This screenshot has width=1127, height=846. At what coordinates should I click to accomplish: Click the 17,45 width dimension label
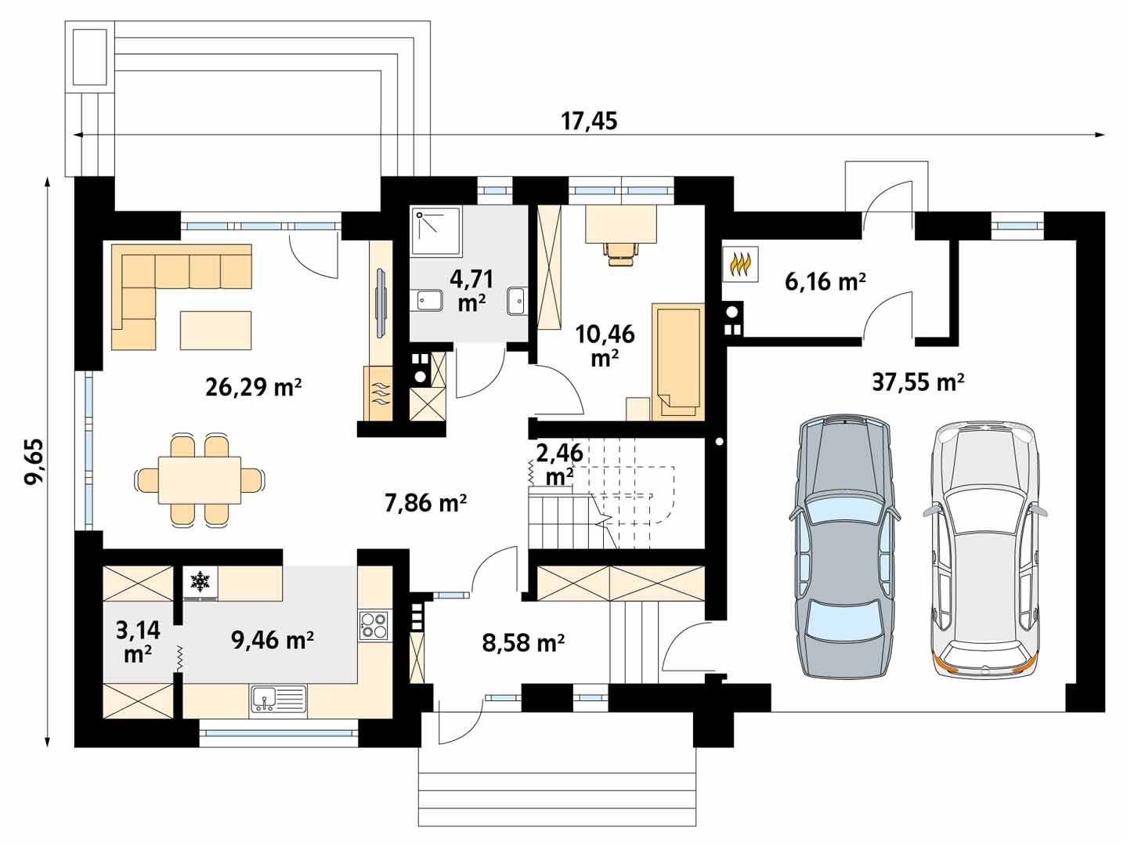(588, 121)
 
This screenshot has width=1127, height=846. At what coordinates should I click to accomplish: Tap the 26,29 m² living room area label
(253, 387)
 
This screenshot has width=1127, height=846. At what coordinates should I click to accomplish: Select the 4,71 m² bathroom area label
(471, 291)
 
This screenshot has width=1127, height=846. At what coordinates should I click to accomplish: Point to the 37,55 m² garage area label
(918, 382)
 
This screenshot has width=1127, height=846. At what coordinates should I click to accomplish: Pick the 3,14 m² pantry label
(138, 642)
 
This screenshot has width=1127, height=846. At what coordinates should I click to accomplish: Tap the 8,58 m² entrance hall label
(523, 642)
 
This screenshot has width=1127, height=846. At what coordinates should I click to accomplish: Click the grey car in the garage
(844, 548)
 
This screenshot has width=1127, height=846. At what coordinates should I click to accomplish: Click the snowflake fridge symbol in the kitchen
(200, 582)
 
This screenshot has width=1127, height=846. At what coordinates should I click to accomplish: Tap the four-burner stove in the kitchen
(374, 626)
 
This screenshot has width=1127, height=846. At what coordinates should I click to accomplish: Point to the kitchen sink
(278, 700)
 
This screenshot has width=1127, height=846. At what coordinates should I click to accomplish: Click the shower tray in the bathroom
(436, 232)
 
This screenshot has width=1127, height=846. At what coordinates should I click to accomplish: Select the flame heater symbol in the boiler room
(740, 265)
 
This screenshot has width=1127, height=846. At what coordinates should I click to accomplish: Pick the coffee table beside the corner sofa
(215, 330)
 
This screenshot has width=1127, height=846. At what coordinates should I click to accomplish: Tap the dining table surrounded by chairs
(200, 480)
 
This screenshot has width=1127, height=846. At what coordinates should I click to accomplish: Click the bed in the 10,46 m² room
(677, 362)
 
